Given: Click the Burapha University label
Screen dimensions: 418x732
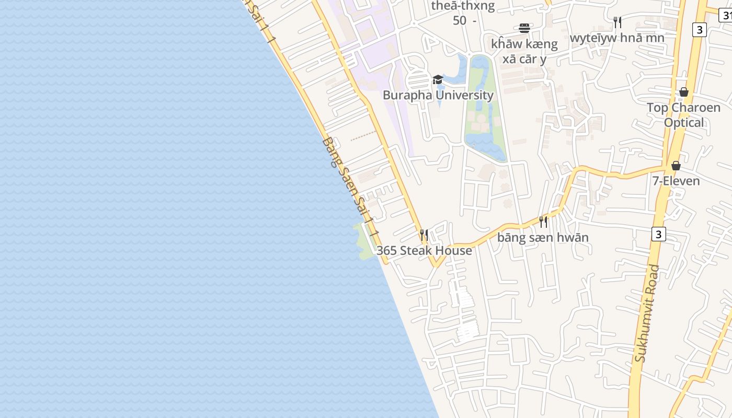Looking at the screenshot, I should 438,95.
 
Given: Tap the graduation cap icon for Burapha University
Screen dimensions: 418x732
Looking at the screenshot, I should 438,79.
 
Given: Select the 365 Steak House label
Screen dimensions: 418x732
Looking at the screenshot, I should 424,251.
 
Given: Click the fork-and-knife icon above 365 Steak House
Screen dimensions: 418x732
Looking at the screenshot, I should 424,235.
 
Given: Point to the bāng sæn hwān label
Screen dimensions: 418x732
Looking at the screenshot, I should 543,237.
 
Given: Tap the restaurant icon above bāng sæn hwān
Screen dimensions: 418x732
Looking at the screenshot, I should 543,222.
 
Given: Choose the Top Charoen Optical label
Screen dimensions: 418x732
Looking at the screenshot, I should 683,115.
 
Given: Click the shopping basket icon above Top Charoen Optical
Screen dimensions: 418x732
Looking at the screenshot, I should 683,92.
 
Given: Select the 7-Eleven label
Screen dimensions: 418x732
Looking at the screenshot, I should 676,181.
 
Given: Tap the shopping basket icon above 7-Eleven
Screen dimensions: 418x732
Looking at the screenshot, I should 676,166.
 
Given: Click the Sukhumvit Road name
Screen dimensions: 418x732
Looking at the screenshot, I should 647,313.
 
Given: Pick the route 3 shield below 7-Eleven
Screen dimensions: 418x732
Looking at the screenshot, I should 658,234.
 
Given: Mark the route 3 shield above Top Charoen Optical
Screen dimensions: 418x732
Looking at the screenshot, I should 699,30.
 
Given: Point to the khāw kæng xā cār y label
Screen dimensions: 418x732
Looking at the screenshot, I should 524,51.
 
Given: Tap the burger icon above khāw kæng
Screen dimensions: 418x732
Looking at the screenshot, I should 524,28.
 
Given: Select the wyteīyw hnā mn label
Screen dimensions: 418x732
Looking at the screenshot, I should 617,38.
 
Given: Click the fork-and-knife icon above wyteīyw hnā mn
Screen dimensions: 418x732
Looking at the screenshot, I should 617,22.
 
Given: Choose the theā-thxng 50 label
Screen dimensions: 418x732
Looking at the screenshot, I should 463,13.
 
